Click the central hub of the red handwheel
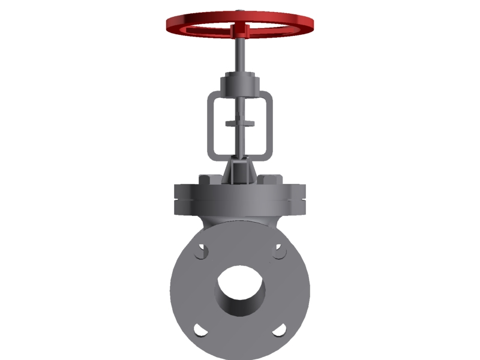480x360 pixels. click(240, 28)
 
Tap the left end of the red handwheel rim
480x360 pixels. click(170, 24)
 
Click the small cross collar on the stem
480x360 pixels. click(240, 124)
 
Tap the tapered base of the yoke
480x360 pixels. click(240, 171)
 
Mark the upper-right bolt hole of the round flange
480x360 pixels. click(279, 251)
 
